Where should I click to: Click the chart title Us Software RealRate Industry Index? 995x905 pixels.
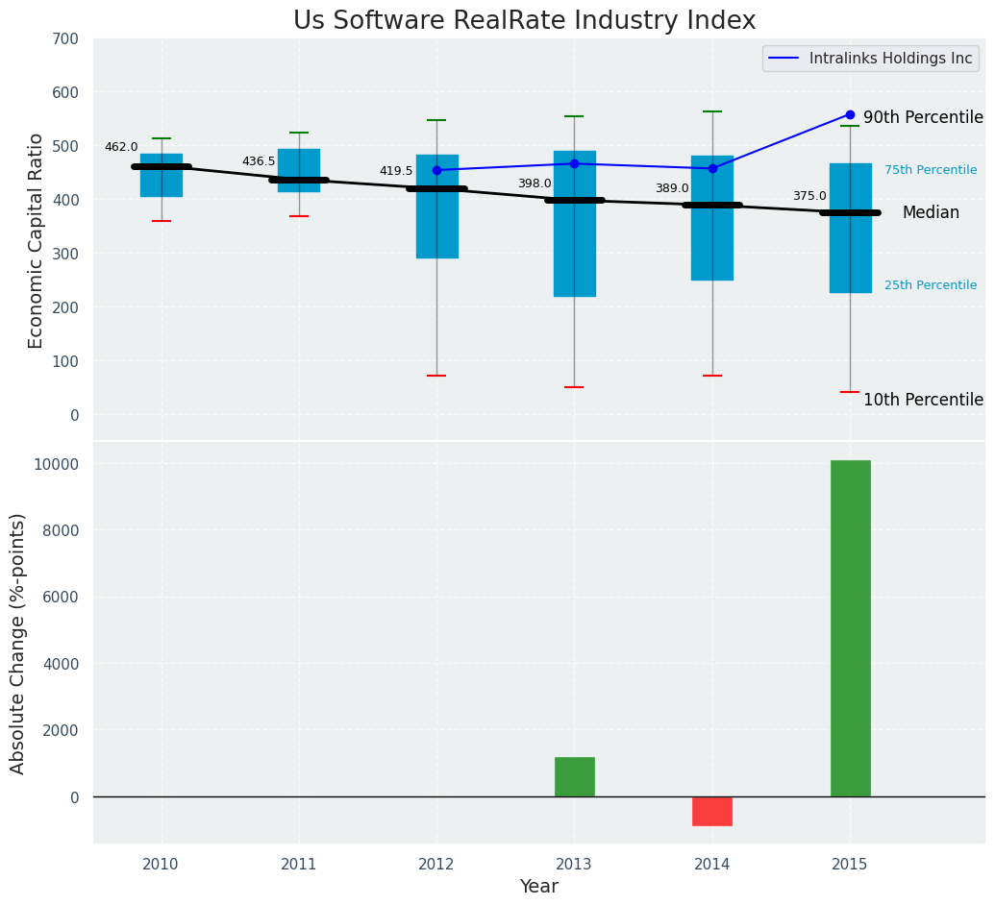(524, 21)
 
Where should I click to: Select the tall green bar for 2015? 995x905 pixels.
(850, 628)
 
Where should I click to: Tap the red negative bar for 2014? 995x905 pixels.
(712, 811)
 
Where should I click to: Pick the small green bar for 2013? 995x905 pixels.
(574, 776)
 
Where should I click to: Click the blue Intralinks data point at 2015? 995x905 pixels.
(850, 114)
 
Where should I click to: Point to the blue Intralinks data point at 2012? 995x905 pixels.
(436, 170)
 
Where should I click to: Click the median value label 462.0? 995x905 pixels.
(121, 148)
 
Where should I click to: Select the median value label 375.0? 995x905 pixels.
(809, 197)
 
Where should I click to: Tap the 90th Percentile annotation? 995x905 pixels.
(923, 118)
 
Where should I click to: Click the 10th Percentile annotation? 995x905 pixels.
(923, 401)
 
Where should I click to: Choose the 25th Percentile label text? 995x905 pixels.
(931, 285)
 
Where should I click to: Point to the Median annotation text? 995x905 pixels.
(931, 213)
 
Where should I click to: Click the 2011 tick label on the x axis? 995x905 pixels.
(299, 865)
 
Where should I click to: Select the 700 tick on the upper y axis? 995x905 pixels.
(67, 39)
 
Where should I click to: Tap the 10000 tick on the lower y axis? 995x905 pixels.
(60, 464)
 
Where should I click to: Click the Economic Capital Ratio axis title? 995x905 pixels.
(37, 240)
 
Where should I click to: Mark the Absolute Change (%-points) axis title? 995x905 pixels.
(18, 643)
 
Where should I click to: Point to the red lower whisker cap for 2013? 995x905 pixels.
(574, 387)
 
